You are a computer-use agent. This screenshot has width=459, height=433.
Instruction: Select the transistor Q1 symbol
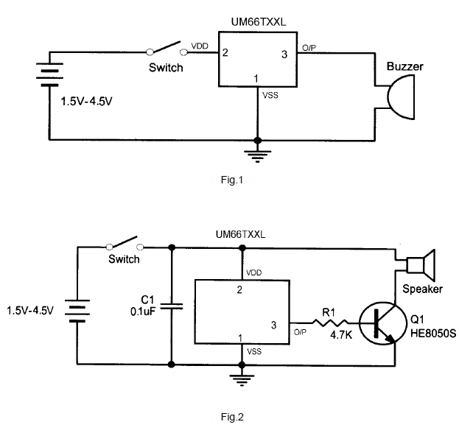380,323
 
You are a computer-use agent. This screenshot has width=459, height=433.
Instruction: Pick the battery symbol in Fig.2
77,310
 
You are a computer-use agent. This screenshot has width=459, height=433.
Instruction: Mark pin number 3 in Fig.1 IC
286,54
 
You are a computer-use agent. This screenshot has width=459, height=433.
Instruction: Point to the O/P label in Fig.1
308,48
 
